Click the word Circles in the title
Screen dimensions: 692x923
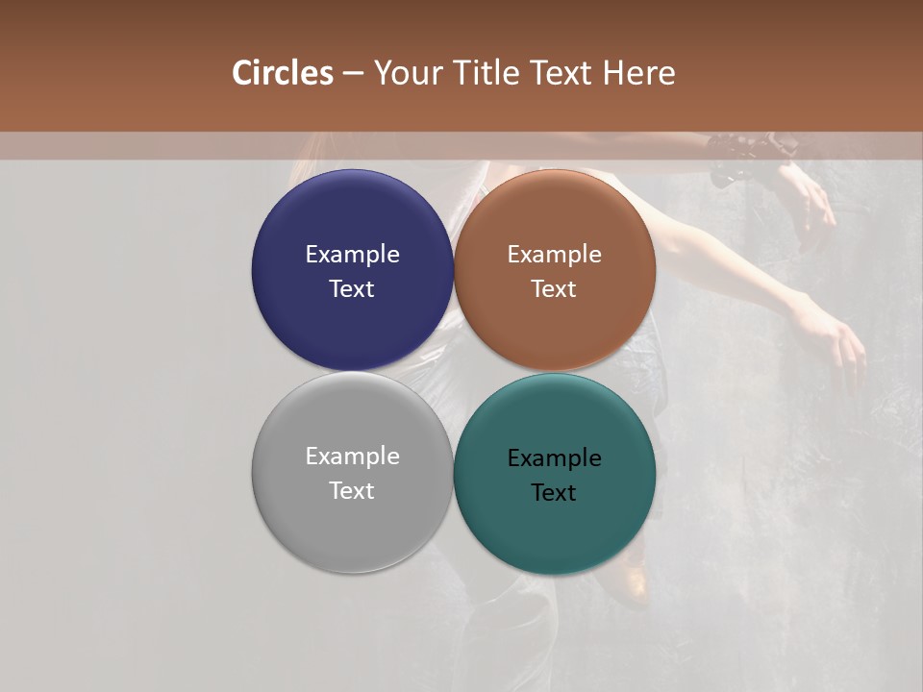click(x=282, y=73)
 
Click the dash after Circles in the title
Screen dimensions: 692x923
click(x=353, y=74)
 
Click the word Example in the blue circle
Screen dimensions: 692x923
click(x=352, y=254)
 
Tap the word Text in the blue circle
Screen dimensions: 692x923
click(x=352, y=288)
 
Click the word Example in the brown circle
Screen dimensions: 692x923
click(x=555, y=254)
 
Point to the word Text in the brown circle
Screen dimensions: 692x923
click(x=555, y=288)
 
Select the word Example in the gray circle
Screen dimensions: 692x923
click(x=352, y=456)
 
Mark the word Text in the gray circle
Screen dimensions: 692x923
click(x=352, y=490)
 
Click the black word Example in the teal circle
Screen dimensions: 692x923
click(x=555, y=457)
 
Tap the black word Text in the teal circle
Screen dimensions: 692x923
click(x=555, y=492)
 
